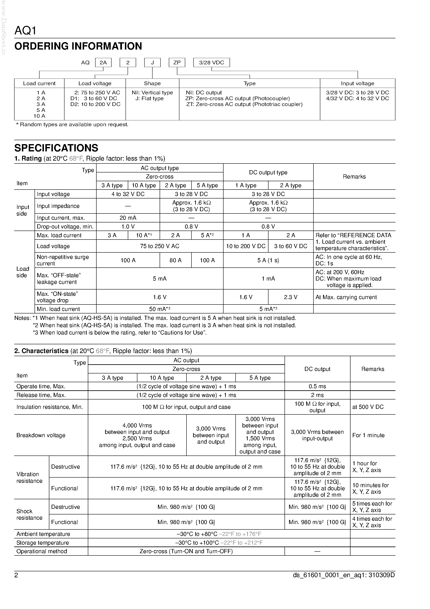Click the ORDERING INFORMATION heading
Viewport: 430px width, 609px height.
[x=78, y=46]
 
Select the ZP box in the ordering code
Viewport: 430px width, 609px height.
[x=177, y=63]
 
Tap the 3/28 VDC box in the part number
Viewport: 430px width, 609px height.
[x=211, y=63]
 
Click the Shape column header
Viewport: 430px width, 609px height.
[x=152, y=83]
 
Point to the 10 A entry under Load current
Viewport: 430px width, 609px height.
[x=39, y=116]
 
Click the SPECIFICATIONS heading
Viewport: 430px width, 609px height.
[x=56, y=148]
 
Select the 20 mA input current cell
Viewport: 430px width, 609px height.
[x=128, y=218]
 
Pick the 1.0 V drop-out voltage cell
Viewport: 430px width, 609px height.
[x=128, y=227]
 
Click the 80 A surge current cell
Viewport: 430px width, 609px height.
[x=175, y=260]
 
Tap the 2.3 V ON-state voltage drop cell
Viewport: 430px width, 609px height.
[x=291, y=297]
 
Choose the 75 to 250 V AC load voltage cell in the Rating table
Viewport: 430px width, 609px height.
[x=160, y=246]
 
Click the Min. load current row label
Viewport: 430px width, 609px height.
[x=58, y=309]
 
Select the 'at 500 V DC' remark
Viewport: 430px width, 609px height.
[x=368, y=407]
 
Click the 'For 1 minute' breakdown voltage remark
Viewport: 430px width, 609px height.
[x=368, y=435]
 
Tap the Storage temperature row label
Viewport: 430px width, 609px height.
[x=43, y=543]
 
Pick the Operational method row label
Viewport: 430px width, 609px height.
[x=42, y=552]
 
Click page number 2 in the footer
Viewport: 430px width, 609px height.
[x=16, y=575]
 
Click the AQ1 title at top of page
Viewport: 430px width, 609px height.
[x=25, y=31]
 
